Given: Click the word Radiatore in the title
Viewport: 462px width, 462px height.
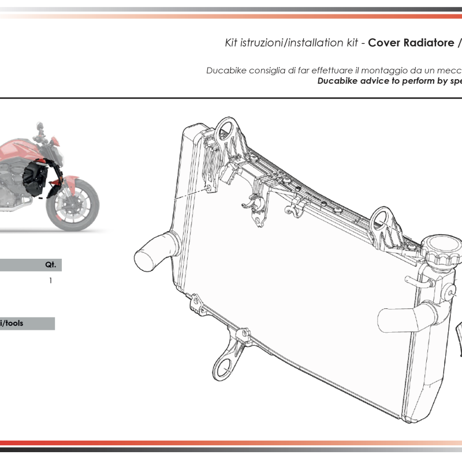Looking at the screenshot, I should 425,43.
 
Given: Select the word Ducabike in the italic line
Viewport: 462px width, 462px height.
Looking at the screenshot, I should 226,70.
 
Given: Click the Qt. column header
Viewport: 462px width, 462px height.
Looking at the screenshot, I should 51,265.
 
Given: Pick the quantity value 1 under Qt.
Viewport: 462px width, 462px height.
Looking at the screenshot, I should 51,281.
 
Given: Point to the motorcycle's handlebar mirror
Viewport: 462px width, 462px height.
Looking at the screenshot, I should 39,126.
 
